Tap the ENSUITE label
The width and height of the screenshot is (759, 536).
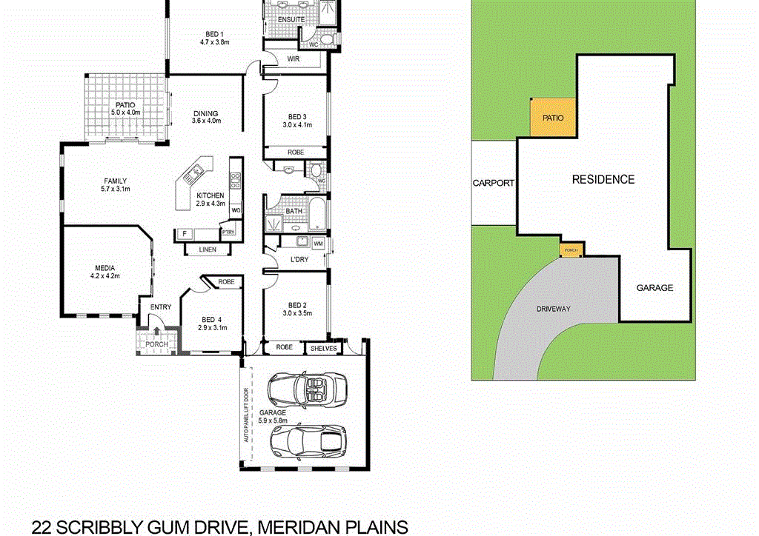(x=280, y=19)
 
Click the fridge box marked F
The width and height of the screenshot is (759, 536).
(x=183, y=235)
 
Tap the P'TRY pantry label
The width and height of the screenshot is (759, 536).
(x=228, y=233)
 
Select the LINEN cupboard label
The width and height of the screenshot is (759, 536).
(x=207, y=250)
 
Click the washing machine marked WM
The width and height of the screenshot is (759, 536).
(x=318, y=243)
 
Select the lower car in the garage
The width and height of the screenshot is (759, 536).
(x=306, y=441)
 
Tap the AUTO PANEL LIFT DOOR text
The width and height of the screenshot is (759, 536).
(x=247, y=415)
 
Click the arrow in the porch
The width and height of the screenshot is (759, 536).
(x=156, y=331)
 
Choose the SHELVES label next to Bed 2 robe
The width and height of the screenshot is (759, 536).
(x=323, y=348)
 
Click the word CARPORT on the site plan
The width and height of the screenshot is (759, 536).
(x=493, y=183)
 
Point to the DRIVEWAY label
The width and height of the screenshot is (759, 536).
(x=554, y=309)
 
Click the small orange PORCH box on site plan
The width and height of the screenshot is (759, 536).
(x=571, y=250)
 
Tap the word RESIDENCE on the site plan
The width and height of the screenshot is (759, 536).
(x=603, y=179)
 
